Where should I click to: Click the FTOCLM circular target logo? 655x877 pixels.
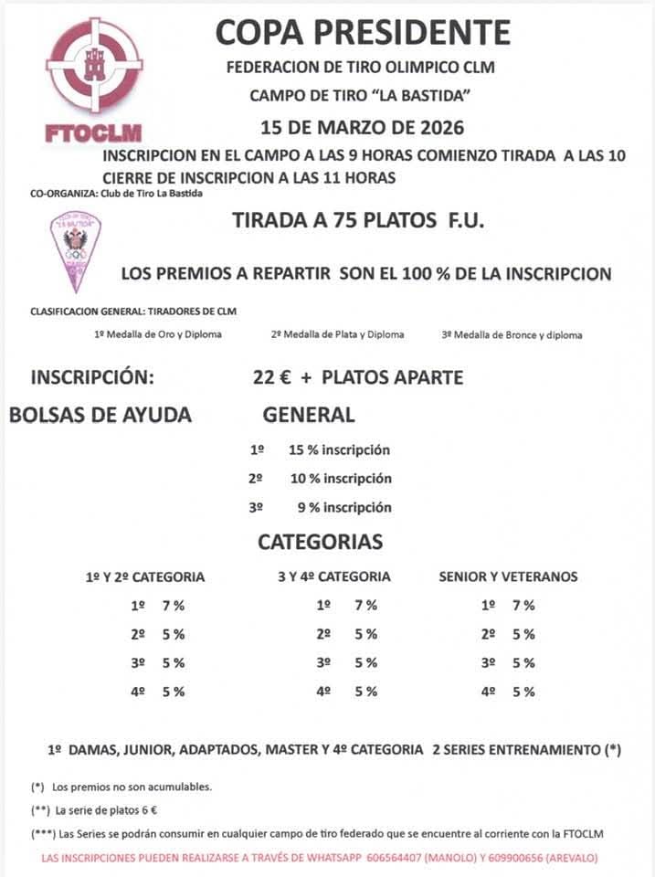94,66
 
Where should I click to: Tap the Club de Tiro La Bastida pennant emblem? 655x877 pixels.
75,248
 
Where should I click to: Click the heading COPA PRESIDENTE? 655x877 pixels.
363,33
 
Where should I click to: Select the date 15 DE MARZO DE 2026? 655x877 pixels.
363,127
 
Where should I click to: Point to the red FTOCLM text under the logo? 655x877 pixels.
93,132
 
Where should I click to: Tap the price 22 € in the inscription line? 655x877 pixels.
271,377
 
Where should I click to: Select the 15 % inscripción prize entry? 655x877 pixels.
339,449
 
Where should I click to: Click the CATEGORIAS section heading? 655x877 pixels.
320,542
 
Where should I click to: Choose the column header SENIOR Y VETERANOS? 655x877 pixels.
508,577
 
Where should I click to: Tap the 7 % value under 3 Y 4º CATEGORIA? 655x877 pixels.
365,606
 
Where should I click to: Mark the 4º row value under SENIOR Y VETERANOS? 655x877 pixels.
523,692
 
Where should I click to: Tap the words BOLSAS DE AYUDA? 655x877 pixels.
100,415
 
